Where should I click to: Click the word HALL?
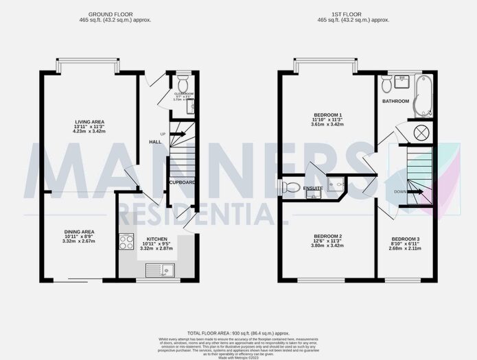click(x=155, y=142)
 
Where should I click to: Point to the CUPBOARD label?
click(x=182, y=182)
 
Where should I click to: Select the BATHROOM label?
click(x=395, y=101)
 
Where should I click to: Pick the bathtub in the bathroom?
click(x=420, y=95)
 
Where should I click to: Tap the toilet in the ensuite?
click(x=291, y=186)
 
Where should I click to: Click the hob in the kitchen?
click(x=126, y=241)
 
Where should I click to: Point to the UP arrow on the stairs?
click(x=177, y=134)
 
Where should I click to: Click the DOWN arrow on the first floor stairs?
click(x=415, y=192)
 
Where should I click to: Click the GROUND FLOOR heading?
click(x=115, y=14)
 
